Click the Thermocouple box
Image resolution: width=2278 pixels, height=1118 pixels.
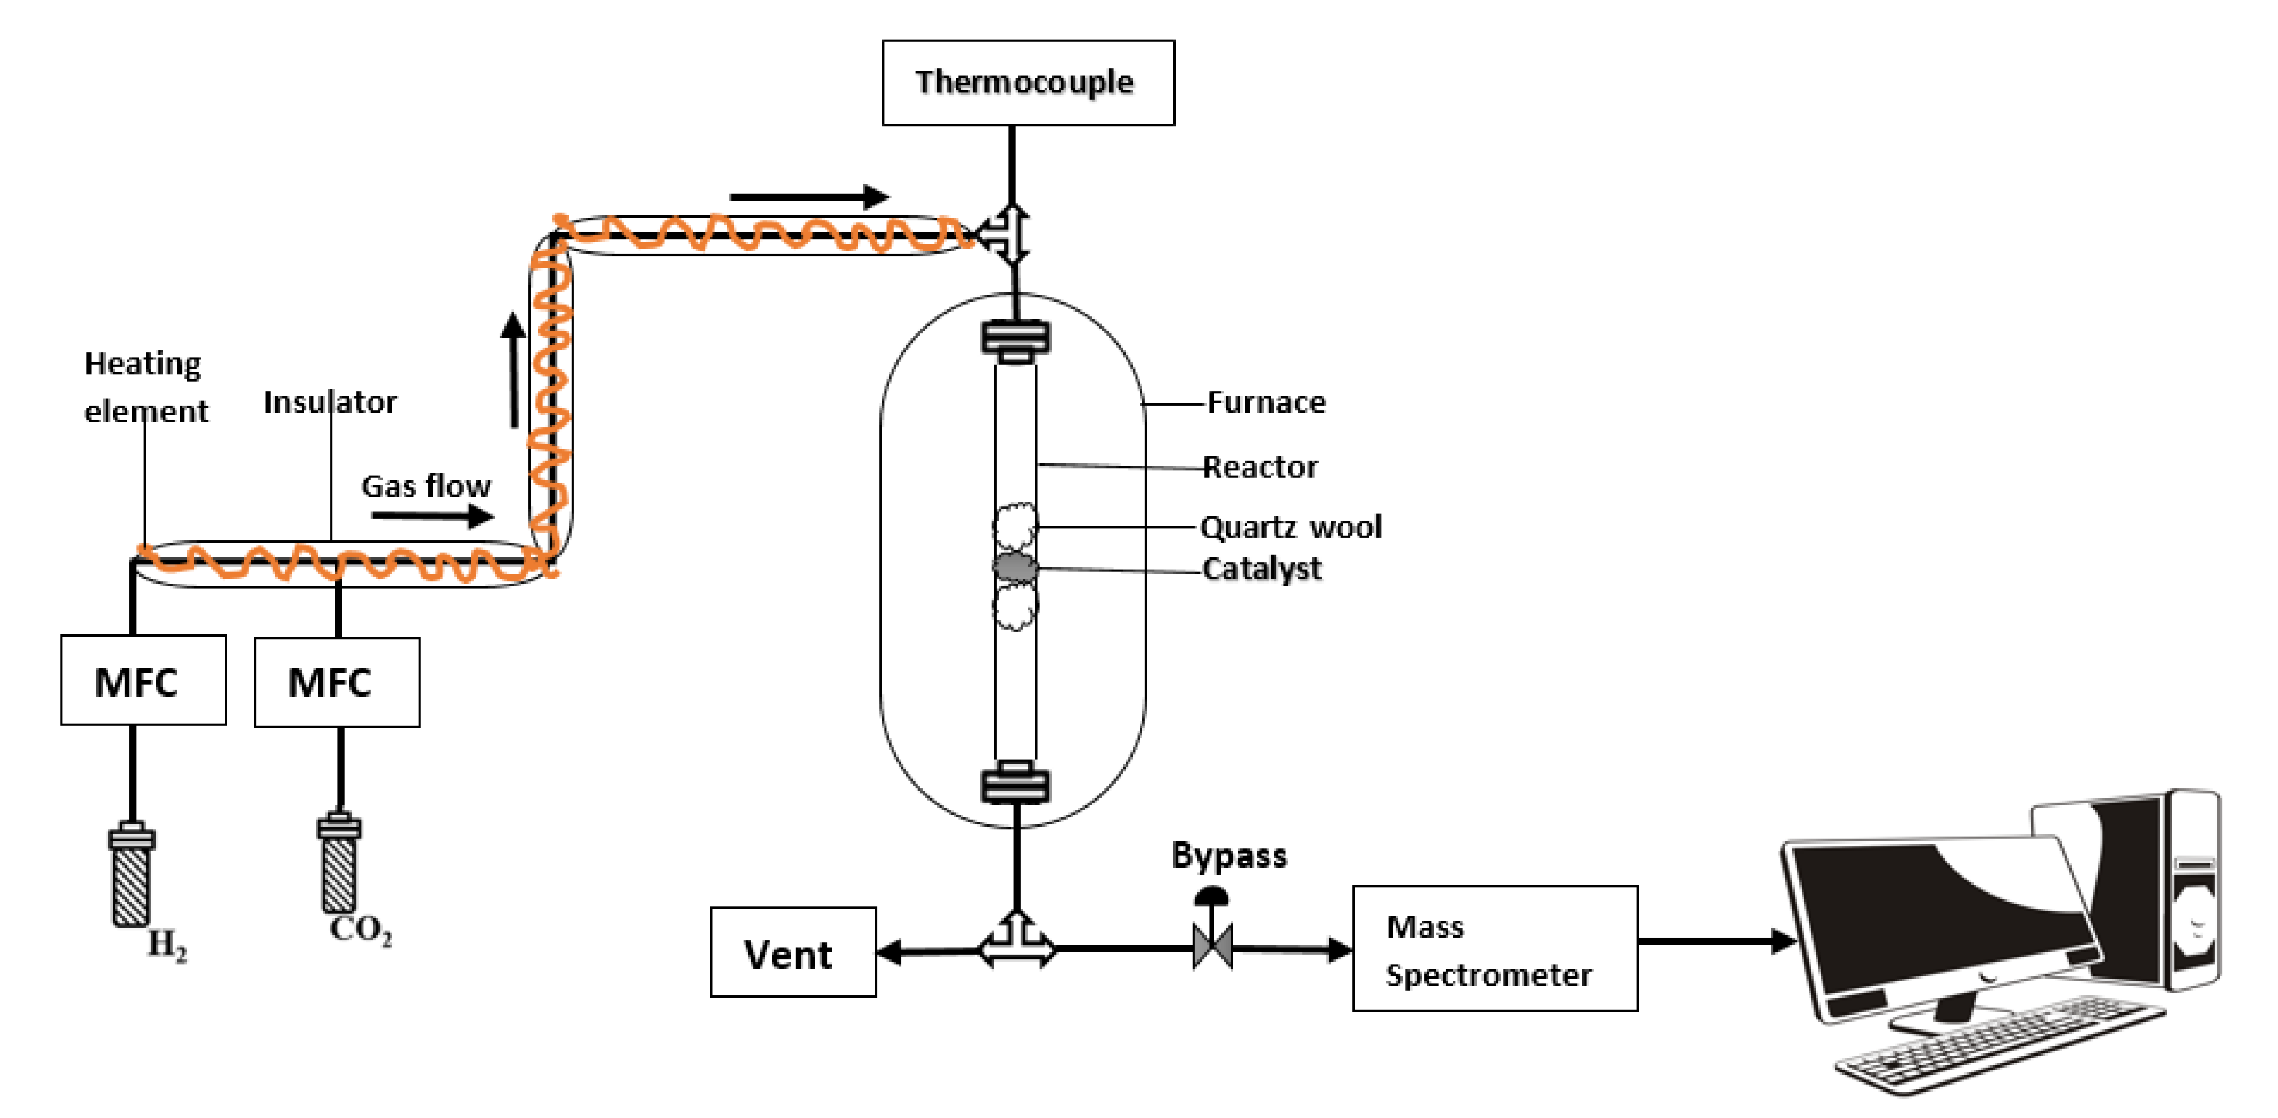point(1028,82)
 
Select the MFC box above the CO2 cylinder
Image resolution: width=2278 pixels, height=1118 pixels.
point(337,682)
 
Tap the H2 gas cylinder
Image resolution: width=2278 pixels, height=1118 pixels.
point(132,876)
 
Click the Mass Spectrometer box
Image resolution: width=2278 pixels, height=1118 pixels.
point(1495,948)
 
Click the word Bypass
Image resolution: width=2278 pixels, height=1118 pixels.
point(1229,855)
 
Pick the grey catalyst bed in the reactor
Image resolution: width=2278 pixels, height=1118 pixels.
point(1015,567)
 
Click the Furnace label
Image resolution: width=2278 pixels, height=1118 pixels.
point(1266,403)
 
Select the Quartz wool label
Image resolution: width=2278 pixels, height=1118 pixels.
point(1290,527)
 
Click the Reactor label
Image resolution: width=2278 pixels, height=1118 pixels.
point(1260,467)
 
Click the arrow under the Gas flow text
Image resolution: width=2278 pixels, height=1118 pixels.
point(432,515)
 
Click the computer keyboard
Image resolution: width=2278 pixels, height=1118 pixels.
point(1999,1044)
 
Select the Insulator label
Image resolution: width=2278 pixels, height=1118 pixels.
point(330,403)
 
